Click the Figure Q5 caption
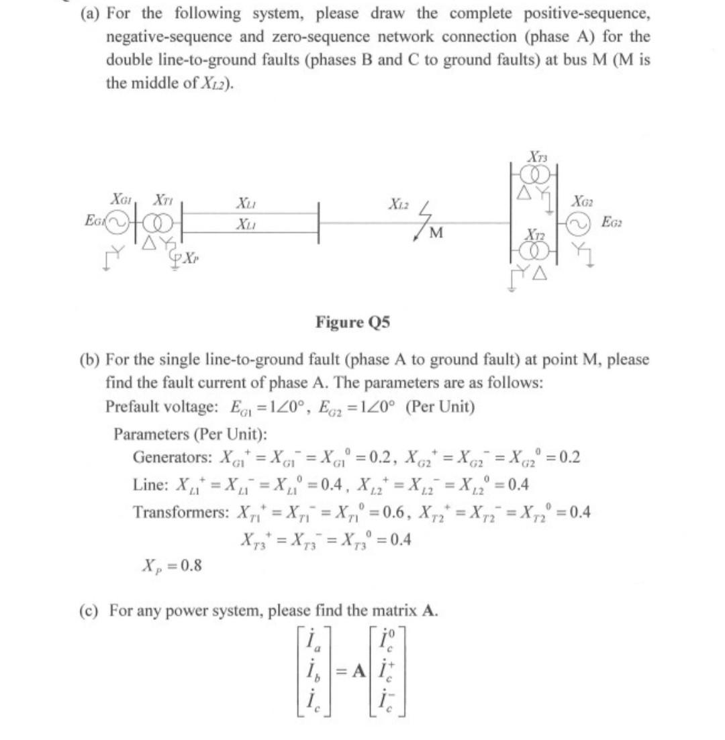(x=352, y=323)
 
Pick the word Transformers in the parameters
(x=176, y=512)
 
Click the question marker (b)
(x=91, y=360)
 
